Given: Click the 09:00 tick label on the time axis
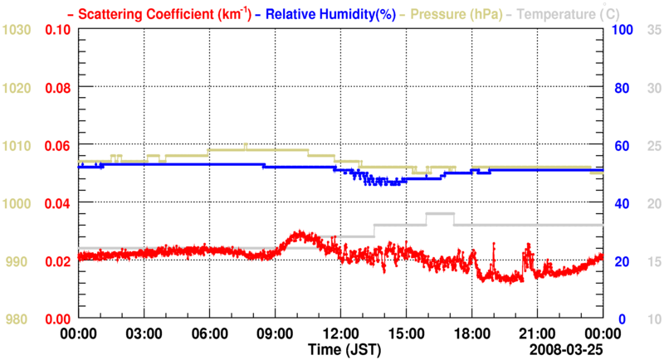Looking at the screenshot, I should [275, 333].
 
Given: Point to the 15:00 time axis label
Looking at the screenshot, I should [406, 333].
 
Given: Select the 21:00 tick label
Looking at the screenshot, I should [537, 333].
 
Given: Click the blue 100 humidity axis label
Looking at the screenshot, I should [624, 30].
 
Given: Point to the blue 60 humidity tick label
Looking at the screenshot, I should [621, 145].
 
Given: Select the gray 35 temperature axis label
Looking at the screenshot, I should [653, 30].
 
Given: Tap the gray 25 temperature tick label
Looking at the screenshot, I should [653, 145].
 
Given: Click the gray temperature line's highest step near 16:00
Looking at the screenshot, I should [439, 214].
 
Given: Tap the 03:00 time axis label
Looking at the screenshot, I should [144, 333].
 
